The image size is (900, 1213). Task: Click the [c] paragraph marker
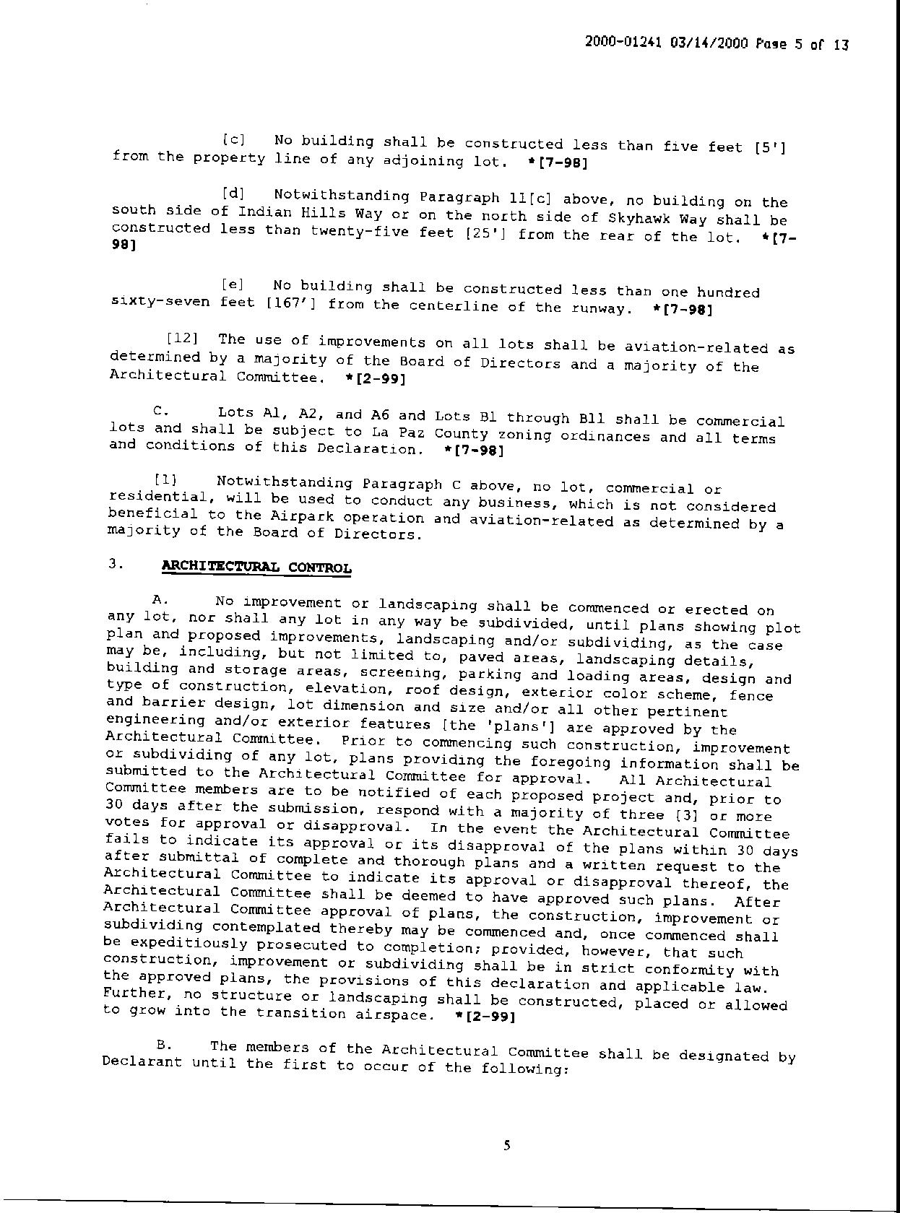233,139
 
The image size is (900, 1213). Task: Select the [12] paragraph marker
182,338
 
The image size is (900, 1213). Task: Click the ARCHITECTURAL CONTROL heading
256,567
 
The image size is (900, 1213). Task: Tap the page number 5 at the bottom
506,1145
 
